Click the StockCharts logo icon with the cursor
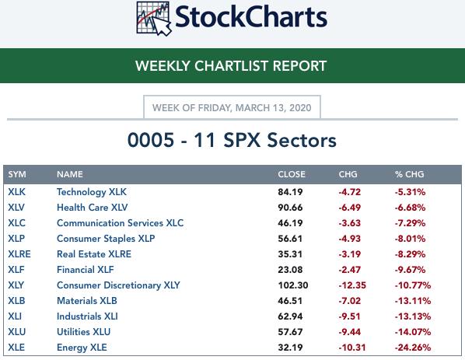click(154, 19)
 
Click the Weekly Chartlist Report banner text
click(231, 66)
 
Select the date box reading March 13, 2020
click(232, 107)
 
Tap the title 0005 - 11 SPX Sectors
click(232, 140)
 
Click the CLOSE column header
click(292, 174)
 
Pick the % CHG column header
click(409, 174)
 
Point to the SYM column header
click(17, 174)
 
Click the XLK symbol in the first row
click(16, 192)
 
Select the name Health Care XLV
click(93, 208)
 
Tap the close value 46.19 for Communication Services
click(290, 223)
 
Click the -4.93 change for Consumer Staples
click(350, 239)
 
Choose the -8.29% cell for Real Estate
click(410, 254)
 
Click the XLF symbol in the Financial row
click(16, 270)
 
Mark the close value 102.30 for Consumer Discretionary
click(293, 285)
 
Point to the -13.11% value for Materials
click(412, 301)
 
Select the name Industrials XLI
click(87, 316)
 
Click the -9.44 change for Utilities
click(350, 332)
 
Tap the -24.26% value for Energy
click(412, 348)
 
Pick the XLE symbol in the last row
click(16, 348)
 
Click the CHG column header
click(348, 174)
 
